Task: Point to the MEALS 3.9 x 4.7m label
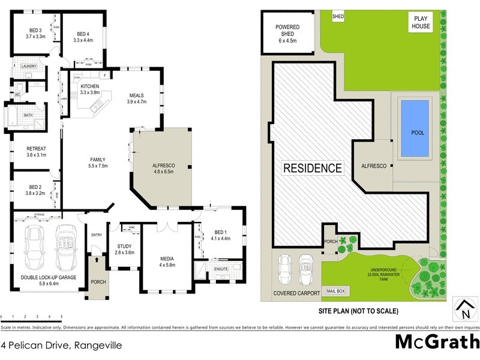click(137, 98)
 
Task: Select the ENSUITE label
click(221, 269)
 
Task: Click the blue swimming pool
click(415, 129)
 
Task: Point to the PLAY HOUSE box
click(420, 22)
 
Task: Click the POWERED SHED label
click(287, 34)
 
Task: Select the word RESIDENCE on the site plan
click(313, 168)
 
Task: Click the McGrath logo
click(437, 343)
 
